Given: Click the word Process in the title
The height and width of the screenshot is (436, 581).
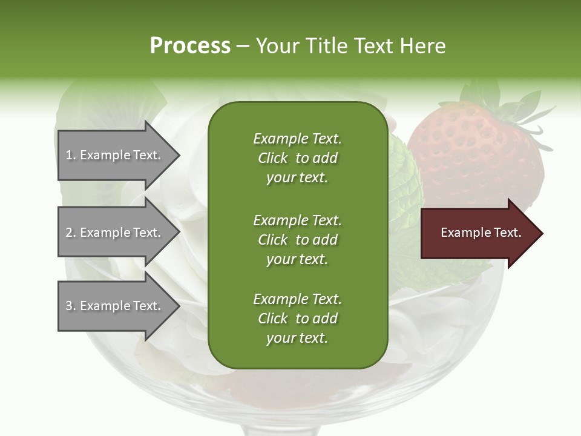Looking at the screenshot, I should (190, 46).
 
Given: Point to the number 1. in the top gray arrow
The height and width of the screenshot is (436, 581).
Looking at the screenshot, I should (71, 155).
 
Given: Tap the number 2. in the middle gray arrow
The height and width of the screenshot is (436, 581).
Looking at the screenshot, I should (71, 233).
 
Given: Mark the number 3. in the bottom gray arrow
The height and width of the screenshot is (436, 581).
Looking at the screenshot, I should (71, 306).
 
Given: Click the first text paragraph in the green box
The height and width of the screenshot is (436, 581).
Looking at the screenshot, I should (297, 158).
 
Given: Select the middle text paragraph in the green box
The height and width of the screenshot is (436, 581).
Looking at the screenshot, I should (297, 239).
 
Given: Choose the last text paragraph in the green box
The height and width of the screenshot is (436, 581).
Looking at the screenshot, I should (297, 319).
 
